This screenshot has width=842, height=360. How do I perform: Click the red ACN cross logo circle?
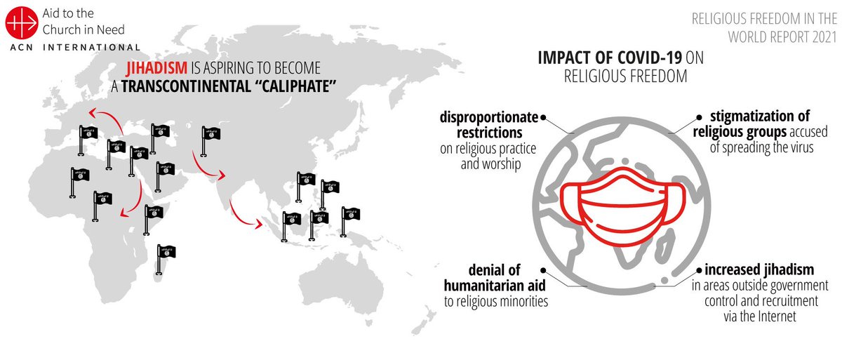[22, 22]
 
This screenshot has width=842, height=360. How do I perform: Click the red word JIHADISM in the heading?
[156, 68]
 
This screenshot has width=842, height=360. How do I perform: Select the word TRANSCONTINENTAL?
[186, 86]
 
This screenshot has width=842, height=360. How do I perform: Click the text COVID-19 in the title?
[650, 58]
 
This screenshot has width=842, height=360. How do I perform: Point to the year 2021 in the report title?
[824, 36]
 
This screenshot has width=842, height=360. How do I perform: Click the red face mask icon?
[623, 207]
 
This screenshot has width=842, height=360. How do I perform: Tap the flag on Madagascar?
[166, 260]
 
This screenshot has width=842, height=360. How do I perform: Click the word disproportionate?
[488, 117]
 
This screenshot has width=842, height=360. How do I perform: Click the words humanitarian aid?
[494, 286]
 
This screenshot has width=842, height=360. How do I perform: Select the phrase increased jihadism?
[759, 269]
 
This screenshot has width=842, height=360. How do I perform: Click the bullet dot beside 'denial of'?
[543, 270]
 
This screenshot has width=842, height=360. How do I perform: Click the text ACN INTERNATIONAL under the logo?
[75, 48]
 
